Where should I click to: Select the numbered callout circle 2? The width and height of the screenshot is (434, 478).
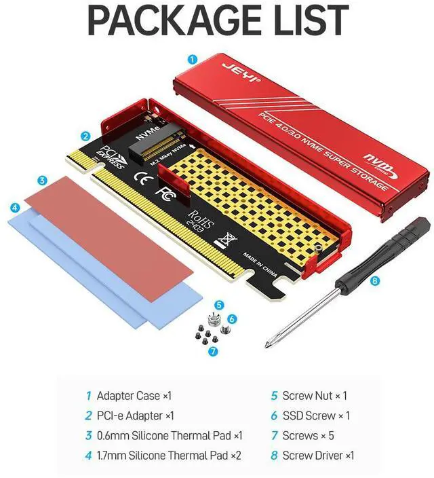click(86, 135)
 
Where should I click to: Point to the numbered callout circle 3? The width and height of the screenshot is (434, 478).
click(42, 181)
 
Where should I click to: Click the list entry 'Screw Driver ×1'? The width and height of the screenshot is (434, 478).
click(317, 456)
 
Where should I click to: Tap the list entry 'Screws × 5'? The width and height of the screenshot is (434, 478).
click(308, 435)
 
